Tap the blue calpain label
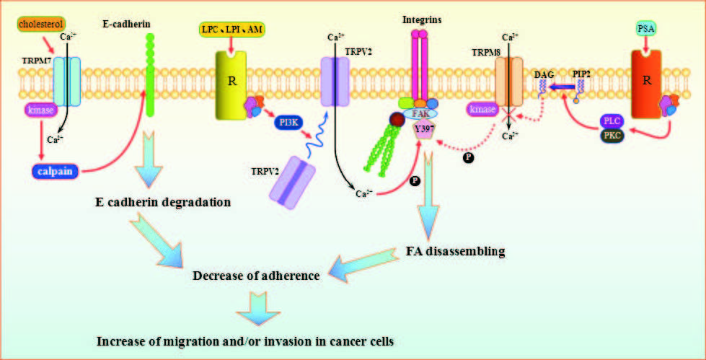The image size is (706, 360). pos(55,172)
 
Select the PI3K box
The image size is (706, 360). pos(290,123)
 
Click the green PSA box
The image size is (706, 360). pos(648,28)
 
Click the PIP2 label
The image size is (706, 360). pos(583,74)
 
